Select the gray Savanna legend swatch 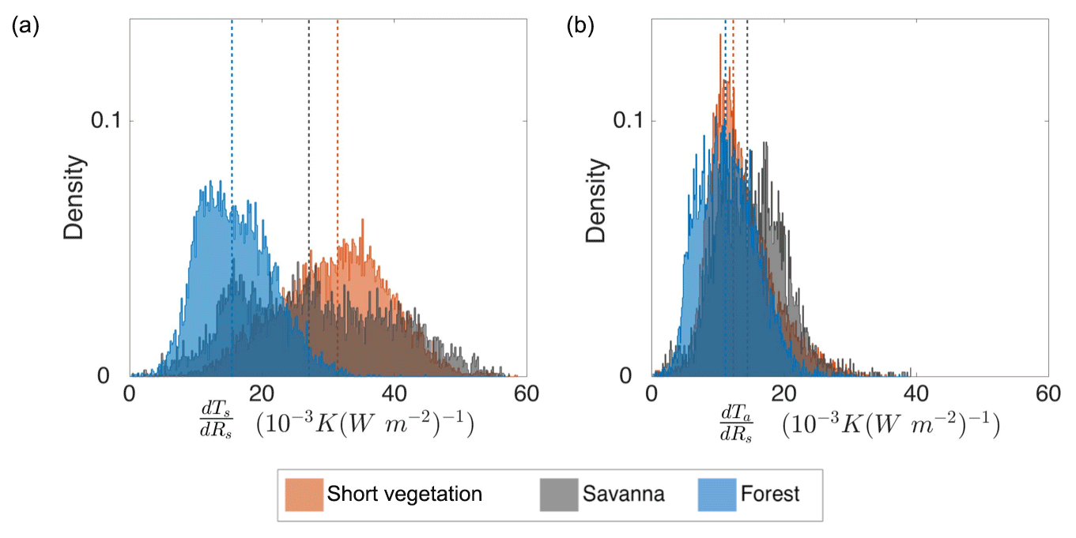tap(557, 495)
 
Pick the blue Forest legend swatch tap(715, 495)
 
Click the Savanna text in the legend tap(624, 495)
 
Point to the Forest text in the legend tap(770, 495)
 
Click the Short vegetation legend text tap(404, 495)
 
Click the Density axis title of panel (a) tap(75, 198)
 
